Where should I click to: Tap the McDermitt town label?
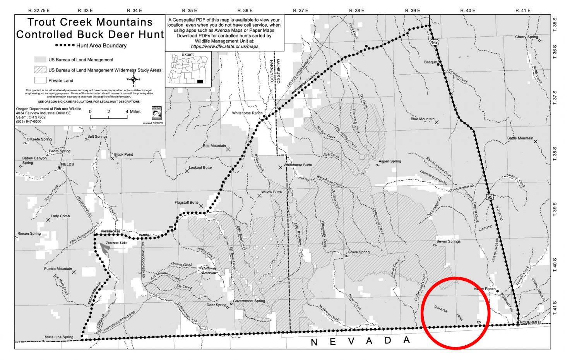[531, 322]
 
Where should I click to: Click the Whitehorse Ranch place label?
[247, 113]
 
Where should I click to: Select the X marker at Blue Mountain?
[437, 122]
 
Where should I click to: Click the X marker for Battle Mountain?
[536, 142]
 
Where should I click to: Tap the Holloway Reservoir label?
[209, 270]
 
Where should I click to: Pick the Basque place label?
[430, 62]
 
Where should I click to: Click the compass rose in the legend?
[134, 80]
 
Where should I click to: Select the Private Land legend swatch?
[40, 80]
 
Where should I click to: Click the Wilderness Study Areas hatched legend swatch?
[40, 70]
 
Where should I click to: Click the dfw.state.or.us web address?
[224, 46]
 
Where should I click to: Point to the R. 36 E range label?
[245, 10]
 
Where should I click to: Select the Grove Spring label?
[358, 252]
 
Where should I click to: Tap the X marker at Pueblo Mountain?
[74, 272]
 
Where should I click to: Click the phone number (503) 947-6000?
[29, 121]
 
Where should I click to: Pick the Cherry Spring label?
[526, 37]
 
